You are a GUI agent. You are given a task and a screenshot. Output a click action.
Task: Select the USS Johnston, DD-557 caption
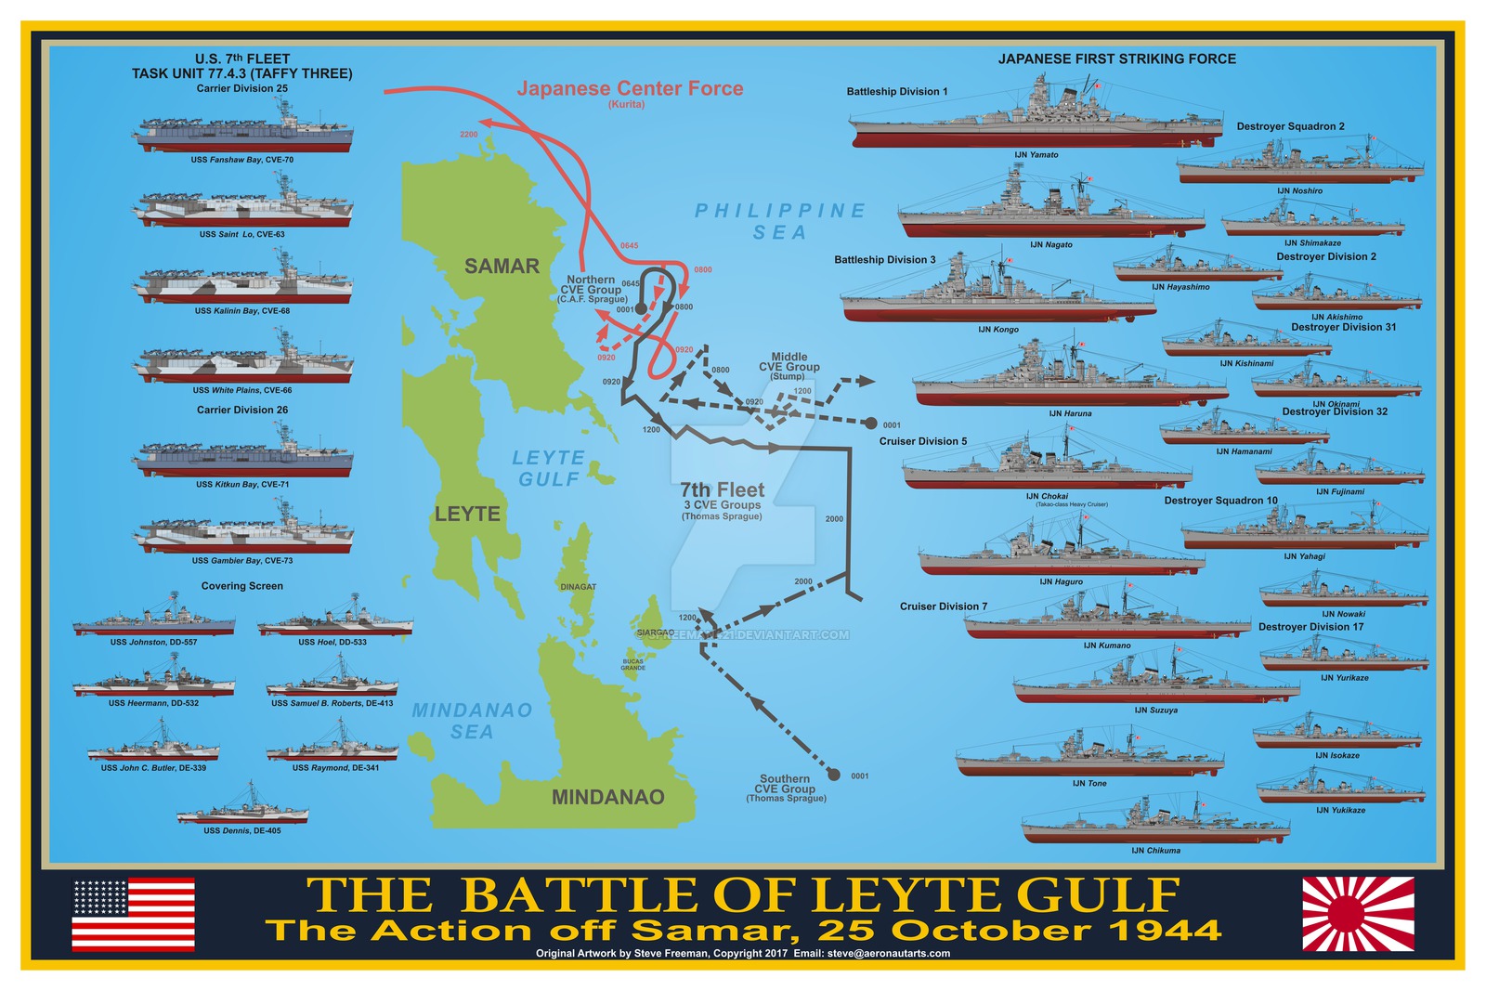coord(153,642)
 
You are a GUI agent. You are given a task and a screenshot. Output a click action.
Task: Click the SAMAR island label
coord(502,267)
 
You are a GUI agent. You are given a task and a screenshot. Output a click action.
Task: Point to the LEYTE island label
coord(467,514)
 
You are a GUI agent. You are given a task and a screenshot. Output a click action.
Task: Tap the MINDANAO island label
coord(607,797)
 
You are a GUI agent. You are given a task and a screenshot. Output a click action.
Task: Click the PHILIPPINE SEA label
coord(780,221)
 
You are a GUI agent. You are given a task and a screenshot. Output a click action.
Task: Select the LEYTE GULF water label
coord(548,468)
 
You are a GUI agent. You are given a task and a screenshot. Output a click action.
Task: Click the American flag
coord(134,914)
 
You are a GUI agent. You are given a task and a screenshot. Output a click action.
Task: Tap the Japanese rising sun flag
coord(1358,914)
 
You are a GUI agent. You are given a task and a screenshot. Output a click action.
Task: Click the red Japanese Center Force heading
coord(630,89)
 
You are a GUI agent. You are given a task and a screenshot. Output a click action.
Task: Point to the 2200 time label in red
coord(469,135)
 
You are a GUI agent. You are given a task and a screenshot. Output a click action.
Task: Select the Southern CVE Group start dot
coord(833,775)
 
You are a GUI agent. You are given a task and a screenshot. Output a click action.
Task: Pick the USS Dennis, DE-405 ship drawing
coord(242,806)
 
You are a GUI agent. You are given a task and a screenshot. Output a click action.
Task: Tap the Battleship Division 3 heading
coord(884,260)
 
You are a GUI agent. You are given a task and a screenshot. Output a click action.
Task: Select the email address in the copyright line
coord(889,953)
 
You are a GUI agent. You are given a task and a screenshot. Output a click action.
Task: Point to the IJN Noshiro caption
coord(1299,190)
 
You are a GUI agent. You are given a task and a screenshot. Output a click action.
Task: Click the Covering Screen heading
coord(241,586)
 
